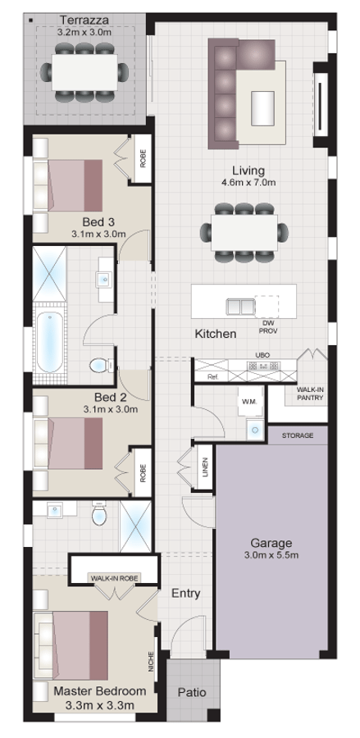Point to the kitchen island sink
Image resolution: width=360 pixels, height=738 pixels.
[x=240, y=306]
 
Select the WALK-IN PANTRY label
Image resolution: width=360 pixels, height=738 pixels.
[x=310, y=394]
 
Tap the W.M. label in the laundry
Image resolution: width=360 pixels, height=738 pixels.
[x=248, y=402]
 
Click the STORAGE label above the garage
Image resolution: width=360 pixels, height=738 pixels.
[x=298, y=435]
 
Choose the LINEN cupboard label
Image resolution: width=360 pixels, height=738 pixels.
[x=203, y=469]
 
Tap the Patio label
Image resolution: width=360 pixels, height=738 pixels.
[x=194, y=691]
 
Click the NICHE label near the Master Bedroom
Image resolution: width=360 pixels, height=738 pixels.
[x=152, y=662]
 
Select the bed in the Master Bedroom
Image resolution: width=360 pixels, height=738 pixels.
[x=72, y=643]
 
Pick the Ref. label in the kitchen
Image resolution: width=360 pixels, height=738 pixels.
[x=212, y=378]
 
